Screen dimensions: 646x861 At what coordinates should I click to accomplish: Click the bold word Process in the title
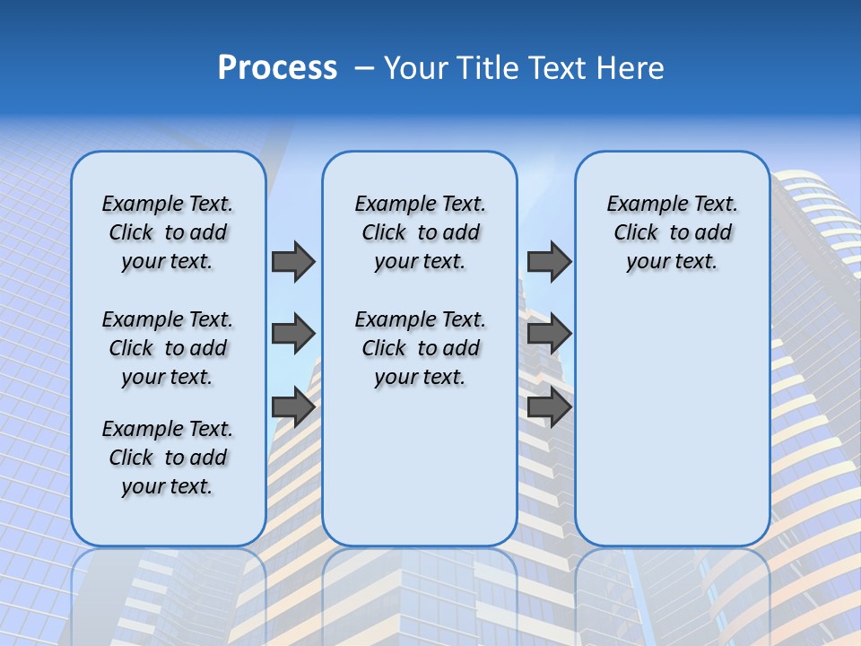tap(277, 67)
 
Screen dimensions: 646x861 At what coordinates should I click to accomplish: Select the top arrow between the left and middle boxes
tap(293, 262)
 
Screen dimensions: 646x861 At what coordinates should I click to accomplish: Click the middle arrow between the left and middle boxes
tap(293, 335)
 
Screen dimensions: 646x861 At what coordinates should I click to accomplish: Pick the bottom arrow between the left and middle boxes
tap(293, 407)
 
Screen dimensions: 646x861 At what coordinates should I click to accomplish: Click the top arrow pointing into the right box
tap(549, 262)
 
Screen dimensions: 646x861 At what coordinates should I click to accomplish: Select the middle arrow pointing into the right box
tap(549, 335)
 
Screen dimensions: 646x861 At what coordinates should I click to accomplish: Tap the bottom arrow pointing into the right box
tap(549, 407)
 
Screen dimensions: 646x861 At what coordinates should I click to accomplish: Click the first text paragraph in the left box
tap(168, 232)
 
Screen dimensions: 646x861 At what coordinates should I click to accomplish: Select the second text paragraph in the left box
tap(168, 348)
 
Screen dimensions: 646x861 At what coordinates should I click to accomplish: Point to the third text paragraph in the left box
tap(168, 458)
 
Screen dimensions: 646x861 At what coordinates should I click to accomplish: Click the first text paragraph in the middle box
tap(420, 232)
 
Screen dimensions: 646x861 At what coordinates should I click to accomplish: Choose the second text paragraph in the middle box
tap(420, 348)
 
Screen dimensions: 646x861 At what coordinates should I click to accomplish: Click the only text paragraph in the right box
tap(672, 232)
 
